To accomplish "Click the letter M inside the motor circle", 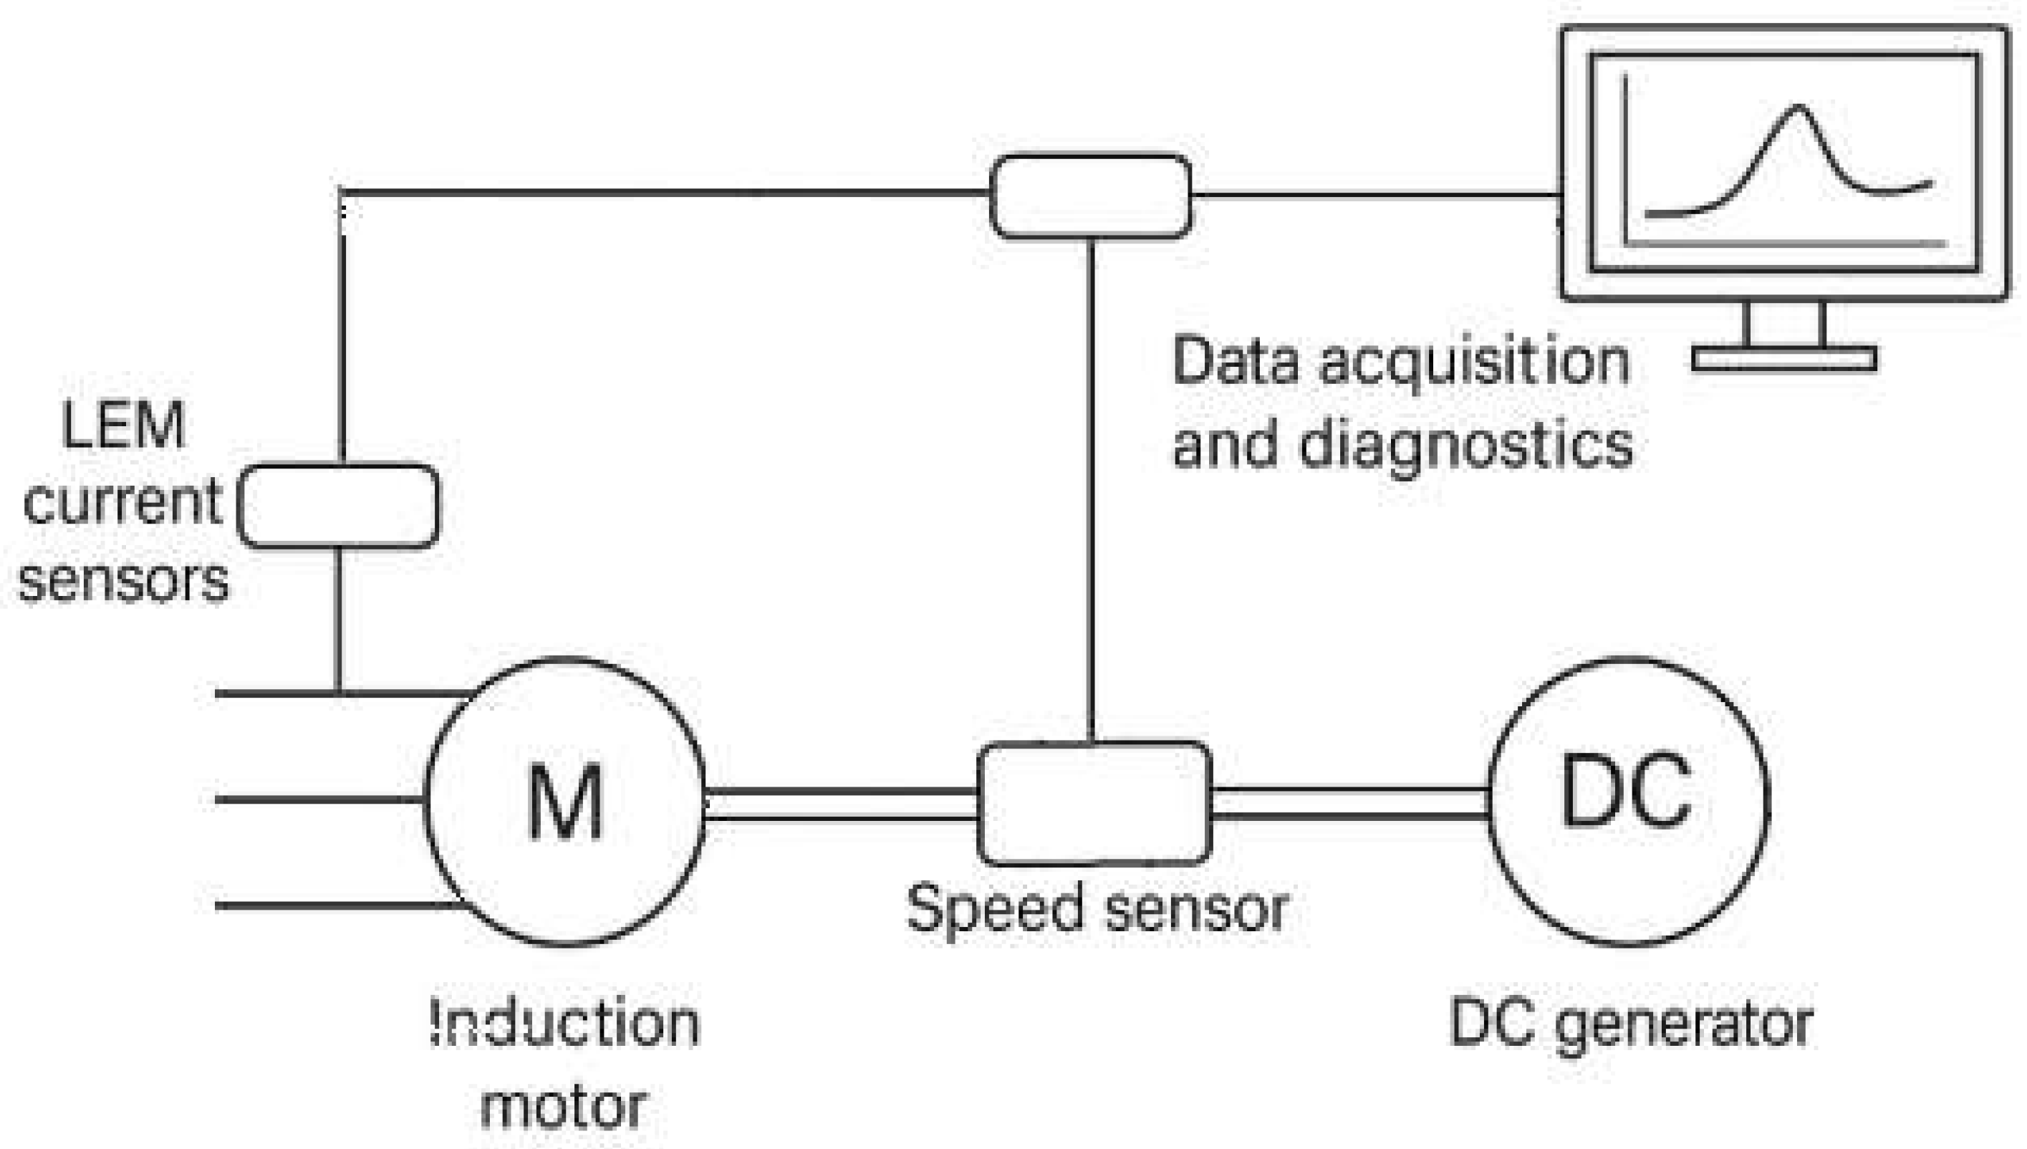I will coord(565,802).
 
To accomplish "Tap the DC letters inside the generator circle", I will coord(1626,792).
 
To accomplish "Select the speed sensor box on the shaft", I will coord(1094,802).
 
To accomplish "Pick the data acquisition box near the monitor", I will coord(1089,196).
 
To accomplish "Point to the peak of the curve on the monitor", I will coord(1797,107).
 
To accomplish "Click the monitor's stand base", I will coord(1784,359).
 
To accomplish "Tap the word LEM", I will coord(123,426).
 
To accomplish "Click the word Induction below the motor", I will coord(565,1024).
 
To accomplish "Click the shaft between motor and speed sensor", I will coord(841,803).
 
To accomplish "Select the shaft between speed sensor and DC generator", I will coord(1349,802).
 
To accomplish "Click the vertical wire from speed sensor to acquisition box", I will coord(1090,489).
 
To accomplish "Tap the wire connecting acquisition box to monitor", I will coord(1373,195).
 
